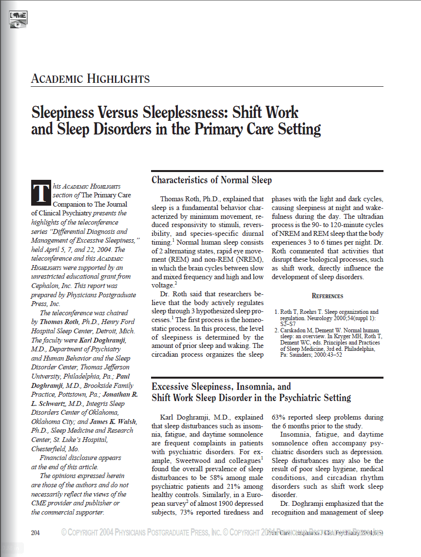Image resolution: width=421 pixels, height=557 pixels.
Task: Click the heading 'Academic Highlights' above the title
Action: (x=90, y=79)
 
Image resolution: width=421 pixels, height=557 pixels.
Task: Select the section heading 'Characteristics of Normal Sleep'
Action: (x=211, y=180)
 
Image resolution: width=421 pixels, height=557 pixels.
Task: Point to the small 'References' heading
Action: (x=327, y=296)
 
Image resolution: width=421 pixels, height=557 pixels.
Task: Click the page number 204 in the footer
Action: (x=35, y=533)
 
